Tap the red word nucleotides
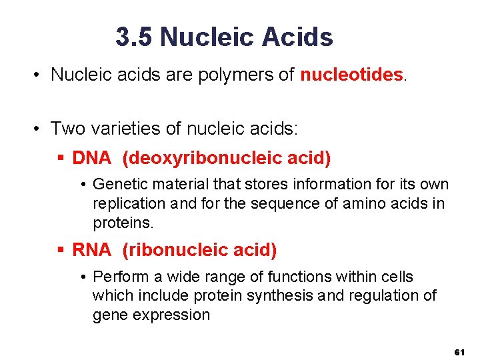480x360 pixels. (x=352, y=75)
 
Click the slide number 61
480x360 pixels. (x=459, y=351)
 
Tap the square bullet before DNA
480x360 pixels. (x=61, y=159)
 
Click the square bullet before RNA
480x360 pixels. (x=61, y=250)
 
